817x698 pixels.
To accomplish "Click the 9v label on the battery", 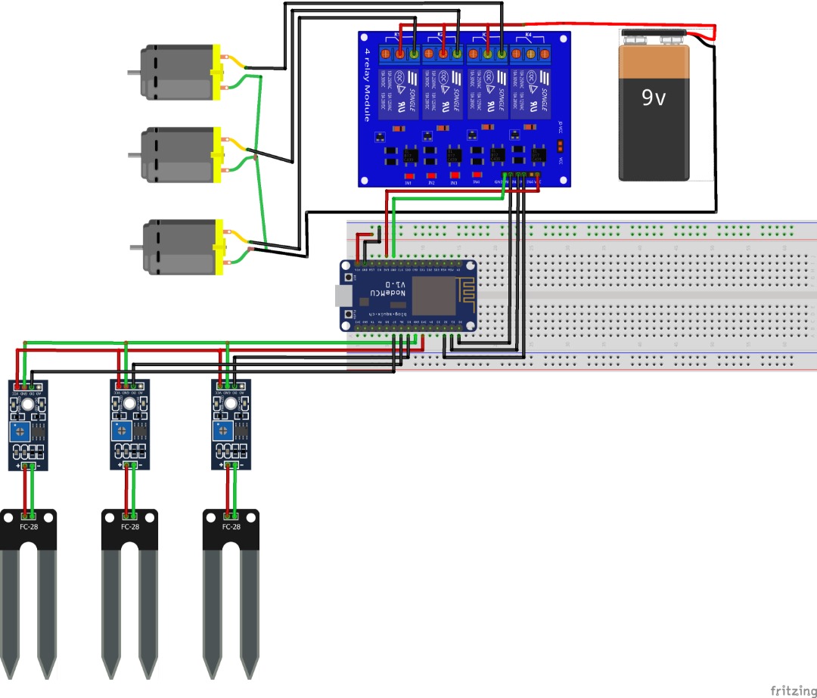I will click(654, 98).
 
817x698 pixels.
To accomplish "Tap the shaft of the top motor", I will click(133, 73).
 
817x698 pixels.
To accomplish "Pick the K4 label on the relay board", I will click(528, 36).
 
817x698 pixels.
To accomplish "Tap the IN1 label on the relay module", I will click(408, 183).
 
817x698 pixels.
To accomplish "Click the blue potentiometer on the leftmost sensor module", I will click(17, 433).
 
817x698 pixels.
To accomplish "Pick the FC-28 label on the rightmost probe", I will click(231, 527).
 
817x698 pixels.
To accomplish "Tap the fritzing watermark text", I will click(792, 690).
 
